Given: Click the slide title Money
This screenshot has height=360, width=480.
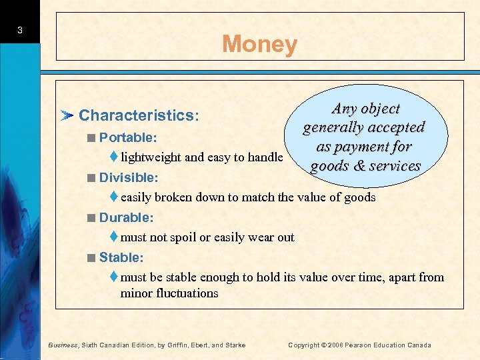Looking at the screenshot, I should point(259,44).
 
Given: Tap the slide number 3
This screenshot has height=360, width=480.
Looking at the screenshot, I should point(21,30).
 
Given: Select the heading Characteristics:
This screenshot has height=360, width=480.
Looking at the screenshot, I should point(139,115).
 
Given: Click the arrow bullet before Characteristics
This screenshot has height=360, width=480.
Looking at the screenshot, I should point(67,116).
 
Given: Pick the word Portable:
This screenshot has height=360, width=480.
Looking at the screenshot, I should point(127,137).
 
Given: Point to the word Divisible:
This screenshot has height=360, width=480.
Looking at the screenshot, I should point(129,178).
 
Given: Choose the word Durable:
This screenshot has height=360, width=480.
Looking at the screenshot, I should point(127,217).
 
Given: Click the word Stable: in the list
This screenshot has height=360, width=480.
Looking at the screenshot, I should point(121,257).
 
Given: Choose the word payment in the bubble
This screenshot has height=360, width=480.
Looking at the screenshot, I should point(363,147).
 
